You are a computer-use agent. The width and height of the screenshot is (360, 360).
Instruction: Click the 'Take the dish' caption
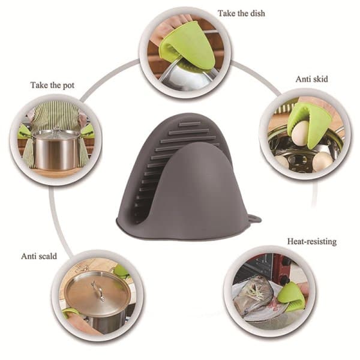[241, 13]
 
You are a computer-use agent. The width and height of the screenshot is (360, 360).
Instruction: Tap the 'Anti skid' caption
[311, 79]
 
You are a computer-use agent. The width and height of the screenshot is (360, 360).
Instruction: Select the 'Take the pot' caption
[53, 85]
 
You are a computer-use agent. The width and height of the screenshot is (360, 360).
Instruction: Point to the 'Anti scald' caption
[39, 256]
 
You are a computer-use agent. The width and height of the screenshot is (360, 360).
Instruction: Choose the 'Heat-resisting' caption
[312, 242]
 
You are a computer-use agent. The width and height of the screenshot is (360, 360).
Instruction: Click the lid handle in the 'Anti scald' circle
[98, 291]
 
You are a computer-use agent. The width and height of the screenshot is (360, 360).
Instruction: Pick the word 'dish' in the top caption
[257, 13]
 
